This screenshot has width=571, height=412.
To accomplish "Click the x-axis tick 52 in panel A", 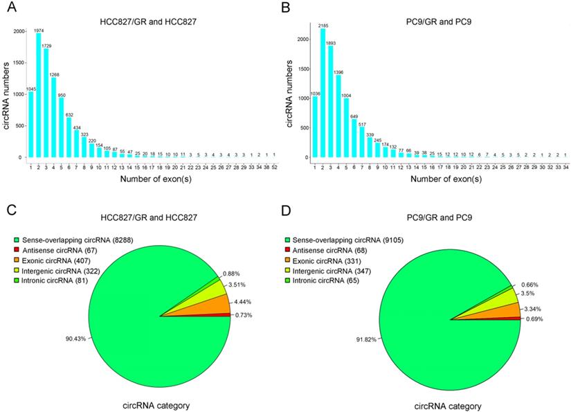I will [275, 167].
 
